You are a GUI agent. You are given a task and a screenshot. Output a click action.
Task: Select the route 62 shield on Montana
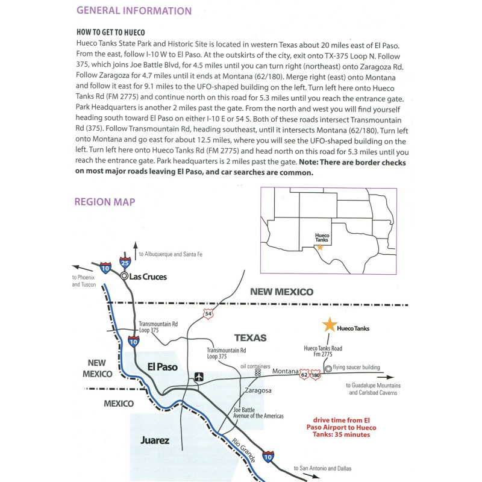coord(304,376)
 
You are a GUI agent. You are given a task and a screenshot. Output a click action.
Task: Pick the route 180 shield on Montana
coord(315,376)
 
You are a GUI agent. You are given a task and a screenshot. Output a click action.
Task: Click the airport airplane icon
coord(199,377)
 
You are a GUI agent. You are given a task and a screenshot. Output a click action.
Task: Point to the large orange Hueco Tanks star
coord(329,325)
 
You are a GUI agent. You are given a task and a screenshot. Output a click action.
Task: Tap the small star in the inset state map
coord(320,246)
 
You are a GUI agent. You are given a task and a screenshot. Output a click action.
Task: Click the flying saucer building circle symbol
coord(328,368)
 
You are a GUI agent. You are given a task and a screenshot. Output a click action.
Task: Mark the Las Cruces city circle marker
coord(124,276)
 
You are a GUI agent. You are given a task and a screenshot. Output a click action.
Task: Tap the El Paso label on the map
coord(163,366)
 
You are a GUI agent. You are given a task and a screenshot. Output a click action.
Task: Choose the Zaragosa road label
coord(259,390)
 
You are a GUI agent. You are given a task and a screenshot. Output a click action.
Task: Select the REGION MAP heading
coord(105,202)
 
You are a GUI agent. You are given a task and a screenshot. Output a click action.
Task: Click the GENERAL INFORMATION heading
coord(134,11)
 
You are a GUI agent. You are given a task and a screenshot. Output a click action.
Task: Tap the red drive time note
coord(340,427)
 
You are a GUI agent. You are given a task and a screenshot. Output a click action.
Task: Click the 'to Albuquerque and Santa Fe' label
coord(171,254)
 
